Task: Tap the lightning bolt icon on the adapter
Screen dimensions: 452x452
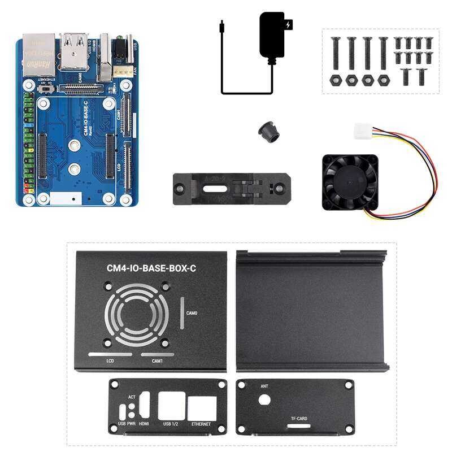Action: tap(290, 25)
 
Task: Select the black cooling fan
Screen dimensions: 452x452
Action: tap(349, 182)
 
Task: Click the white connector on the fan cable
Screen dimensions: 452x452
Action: tap(362, 131)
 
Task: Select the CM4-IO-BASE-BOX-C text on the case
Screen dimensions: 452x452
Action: tap(151, 269)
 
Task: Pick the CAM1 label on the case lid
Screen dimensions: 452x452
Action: tap(158, 360)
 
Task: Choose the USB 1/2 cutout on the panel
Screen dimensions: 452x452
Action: tap(171, 406)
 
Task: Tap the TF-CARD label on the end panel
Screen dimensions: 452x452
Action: tap(299, 419)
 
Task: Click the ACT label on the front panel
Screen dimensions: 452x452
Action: tap(132, 397)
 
